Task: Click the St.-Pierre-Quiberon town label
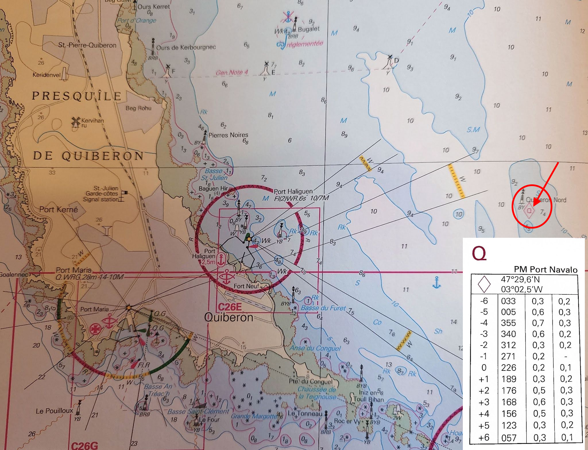click(x=87, y=45)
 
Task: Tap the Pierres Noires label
click(x=228, y=135)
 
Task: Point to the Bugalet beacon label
click(x=309, y=29)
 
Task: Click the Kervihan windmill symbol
click(x=76, y=122)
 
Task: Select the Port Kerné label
click(x=59, y=209)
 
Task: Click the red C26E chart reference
click(x=230, y=307)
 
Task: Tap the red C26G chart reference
click(x=84, y=445)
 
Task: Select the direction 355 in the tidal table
click(x=508, y=323)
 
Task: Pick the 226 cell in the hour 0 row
click(x=508, y=368)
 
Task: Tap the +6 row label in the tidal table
click(x=484, y=437)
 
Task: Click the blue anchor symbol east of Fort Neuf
click(x=436, y=282)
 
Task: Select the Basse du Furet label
click(x=323, y=308)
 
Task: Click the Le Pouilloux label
click(x=55, y=411)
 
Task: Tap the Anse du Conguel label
click(x=315, y=348)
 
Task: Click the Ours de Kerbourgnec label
click(x=186, y=47)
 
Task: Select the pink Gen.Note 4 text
click(x=232, y=73)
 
